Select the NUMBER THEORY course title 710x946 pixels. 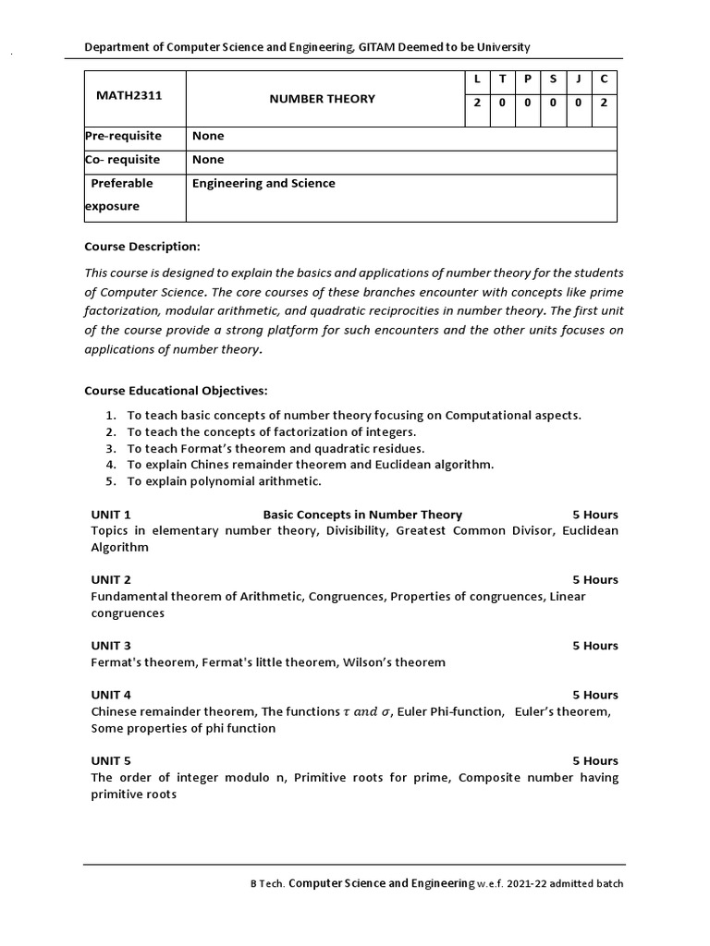tap(322, 99)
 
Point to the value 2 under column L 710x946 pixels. tap(477, 103)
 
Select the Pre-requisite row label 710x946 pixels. tap(123, 136)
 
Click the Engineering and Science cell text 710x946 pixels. tap(263, 183)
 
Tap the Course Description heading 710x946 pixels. tap(141, 247)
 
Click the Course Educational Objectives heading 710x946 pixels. tap(176, 391)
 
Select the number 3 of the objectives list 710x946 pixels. tap(110, 449)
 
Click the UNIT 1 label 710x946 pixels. tap(111, 515)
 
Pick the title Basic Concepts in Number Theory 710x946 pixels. tap(362, 515)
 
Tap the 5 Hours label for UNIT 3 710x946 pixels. tap(594, 646)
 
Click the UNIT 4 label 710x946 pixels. tap(111, 695)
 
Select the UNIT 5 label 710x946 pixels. tap(111, 760)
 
